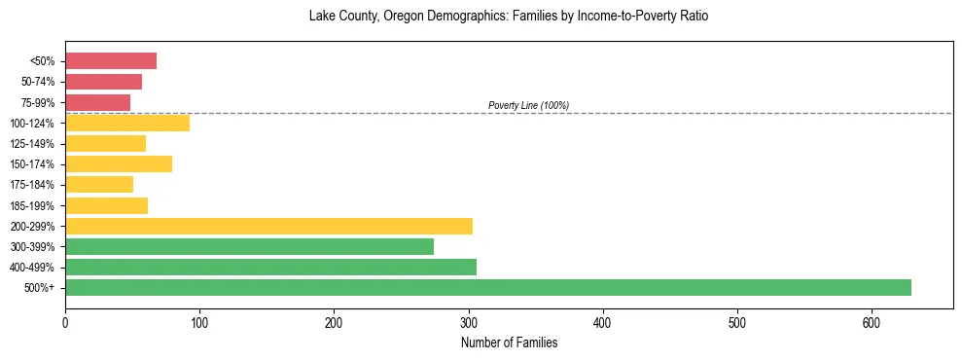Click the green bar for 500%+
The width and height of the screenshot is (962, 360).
(487, 287)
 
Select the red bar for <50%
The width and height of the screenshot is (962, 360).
(111, 61)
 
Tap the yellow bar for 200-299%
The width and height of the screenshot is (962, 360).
(268, 226)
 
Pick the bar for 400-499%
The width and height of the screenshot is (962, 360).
(270, 267)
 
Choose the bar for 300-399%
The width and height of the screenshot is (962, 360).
(249, 246)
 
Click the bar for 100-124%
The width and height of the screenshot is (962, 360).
(127, 123)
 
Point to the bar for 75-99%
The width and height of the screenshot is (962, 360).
(97, 102)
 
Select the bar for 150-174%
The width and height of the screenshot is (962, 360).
(119, 163)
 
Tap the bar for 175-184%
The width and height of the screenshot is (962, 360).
(99, 184)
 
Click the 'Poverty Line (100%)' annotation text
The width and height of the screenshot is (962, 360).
(528, 105)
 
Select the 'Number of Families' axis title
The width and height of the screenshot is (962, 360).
(509, 342)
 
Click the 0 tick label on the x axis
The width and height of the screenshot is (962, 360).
(65, 322)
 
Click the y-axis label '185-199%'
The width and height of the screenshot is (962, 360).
(32, 205)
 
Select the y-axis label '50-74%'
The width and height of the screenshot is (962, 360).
(37, 82)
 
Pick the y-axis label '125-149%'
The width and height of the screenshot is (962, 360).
(32, 144)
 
